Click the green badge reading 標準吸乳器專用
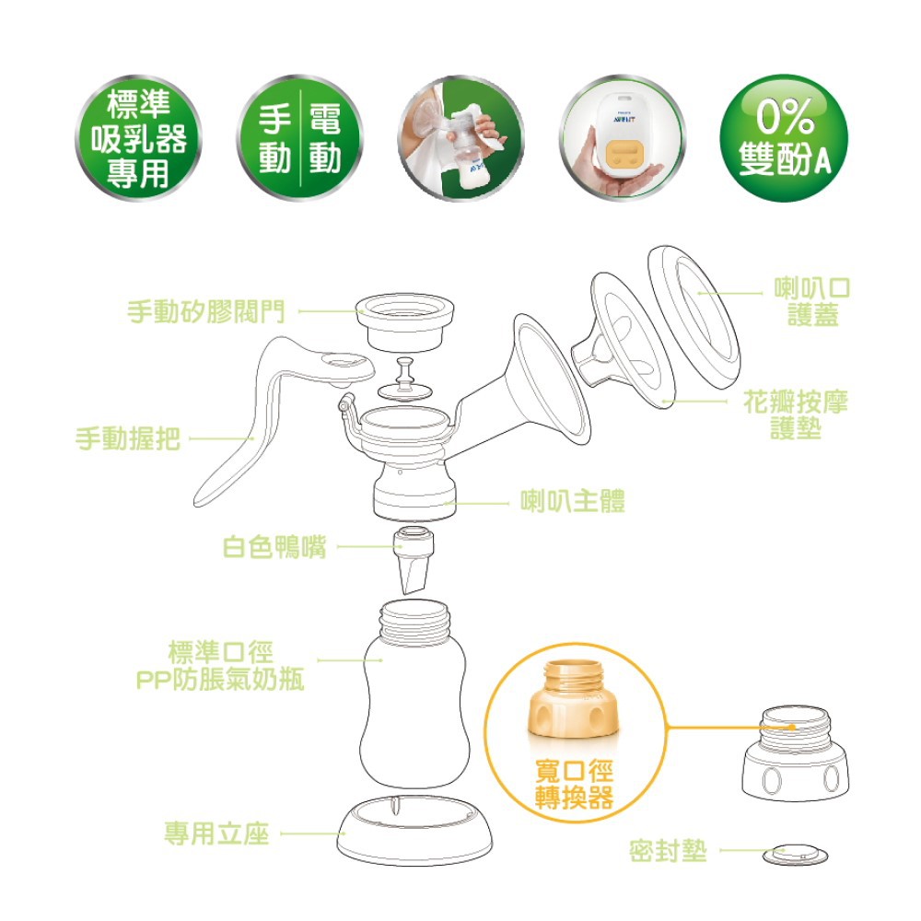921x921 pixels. [x=139, y=138]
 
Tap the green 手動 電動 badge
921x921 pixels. [x=300, y=138]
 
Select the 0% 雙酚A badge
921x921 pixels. [x=784, y=138]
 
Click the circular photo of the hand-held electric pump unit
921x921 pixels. [x=623, y=138]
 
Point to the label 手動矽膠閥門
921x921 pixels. [x=206, y=311]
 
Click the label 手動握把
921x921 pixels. [x=127, y=438]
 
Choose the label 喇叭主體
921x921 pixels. [x=573, y=501]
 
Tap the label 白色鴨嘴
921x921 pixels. [x=274, y=547]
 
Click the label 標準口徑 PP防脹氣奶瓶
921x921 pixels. [x=220, y=666]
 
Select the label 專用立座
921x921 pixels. [x=216, y=834]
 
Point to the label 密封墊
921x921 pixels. [x=668, y=850]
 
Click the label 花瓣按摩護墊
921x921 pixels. [x=796, y=415]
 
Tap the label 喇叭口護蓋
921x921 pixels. [x=812, y=301]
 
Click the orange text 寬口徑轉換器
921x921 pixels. [x=575, y=784]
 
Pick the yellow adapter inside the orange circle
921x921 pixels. [x=573, y=700]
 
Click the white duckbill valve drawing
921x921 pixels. [x=414, y=560]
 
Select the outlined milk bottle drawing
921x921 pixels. [x=414, y=694]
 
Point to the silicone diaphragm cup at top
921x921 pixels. [x=405, y=321]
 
